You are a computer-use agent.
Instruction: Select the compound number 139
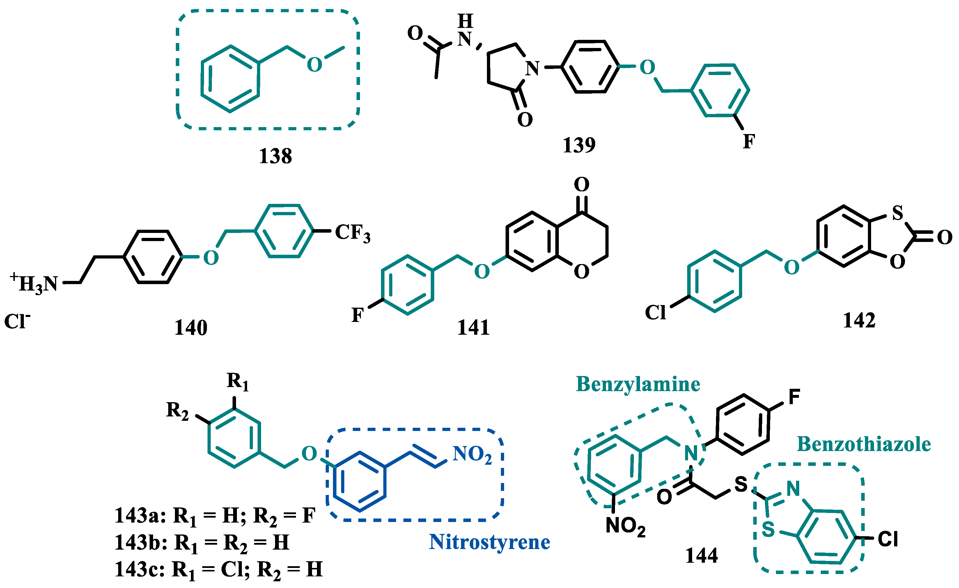[579, 145]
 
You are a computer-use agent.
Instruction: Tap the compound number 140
[191, 327]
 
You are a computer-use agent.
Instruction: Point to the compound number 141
[473, 327]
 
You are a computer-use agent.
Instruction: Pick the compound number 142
[859, 320]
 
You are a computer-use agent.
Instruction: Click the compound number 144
[701, 555]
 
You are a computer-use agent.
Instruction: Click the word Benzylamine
[638, 384]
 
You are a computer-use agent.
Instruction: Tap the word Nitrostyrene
[489, 542]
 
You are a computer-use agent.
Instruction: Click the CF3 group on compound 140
[352, 233]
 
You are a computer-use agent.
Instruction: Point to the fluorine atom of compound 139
[749, 142]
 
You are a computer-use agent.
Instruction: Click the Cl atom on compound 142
[655, 312]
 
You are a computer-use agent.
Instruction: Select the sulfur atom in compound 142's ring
[898, 213]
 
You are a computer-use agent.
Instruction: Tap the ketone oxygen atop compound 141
[582, 184]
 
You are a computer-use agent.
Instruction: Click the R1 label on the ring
[237, 381]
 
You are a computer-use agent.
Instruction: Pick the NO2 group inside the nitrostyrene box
[472, 454]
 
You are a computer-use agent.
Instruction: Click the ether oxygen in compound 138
[314, 65]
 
